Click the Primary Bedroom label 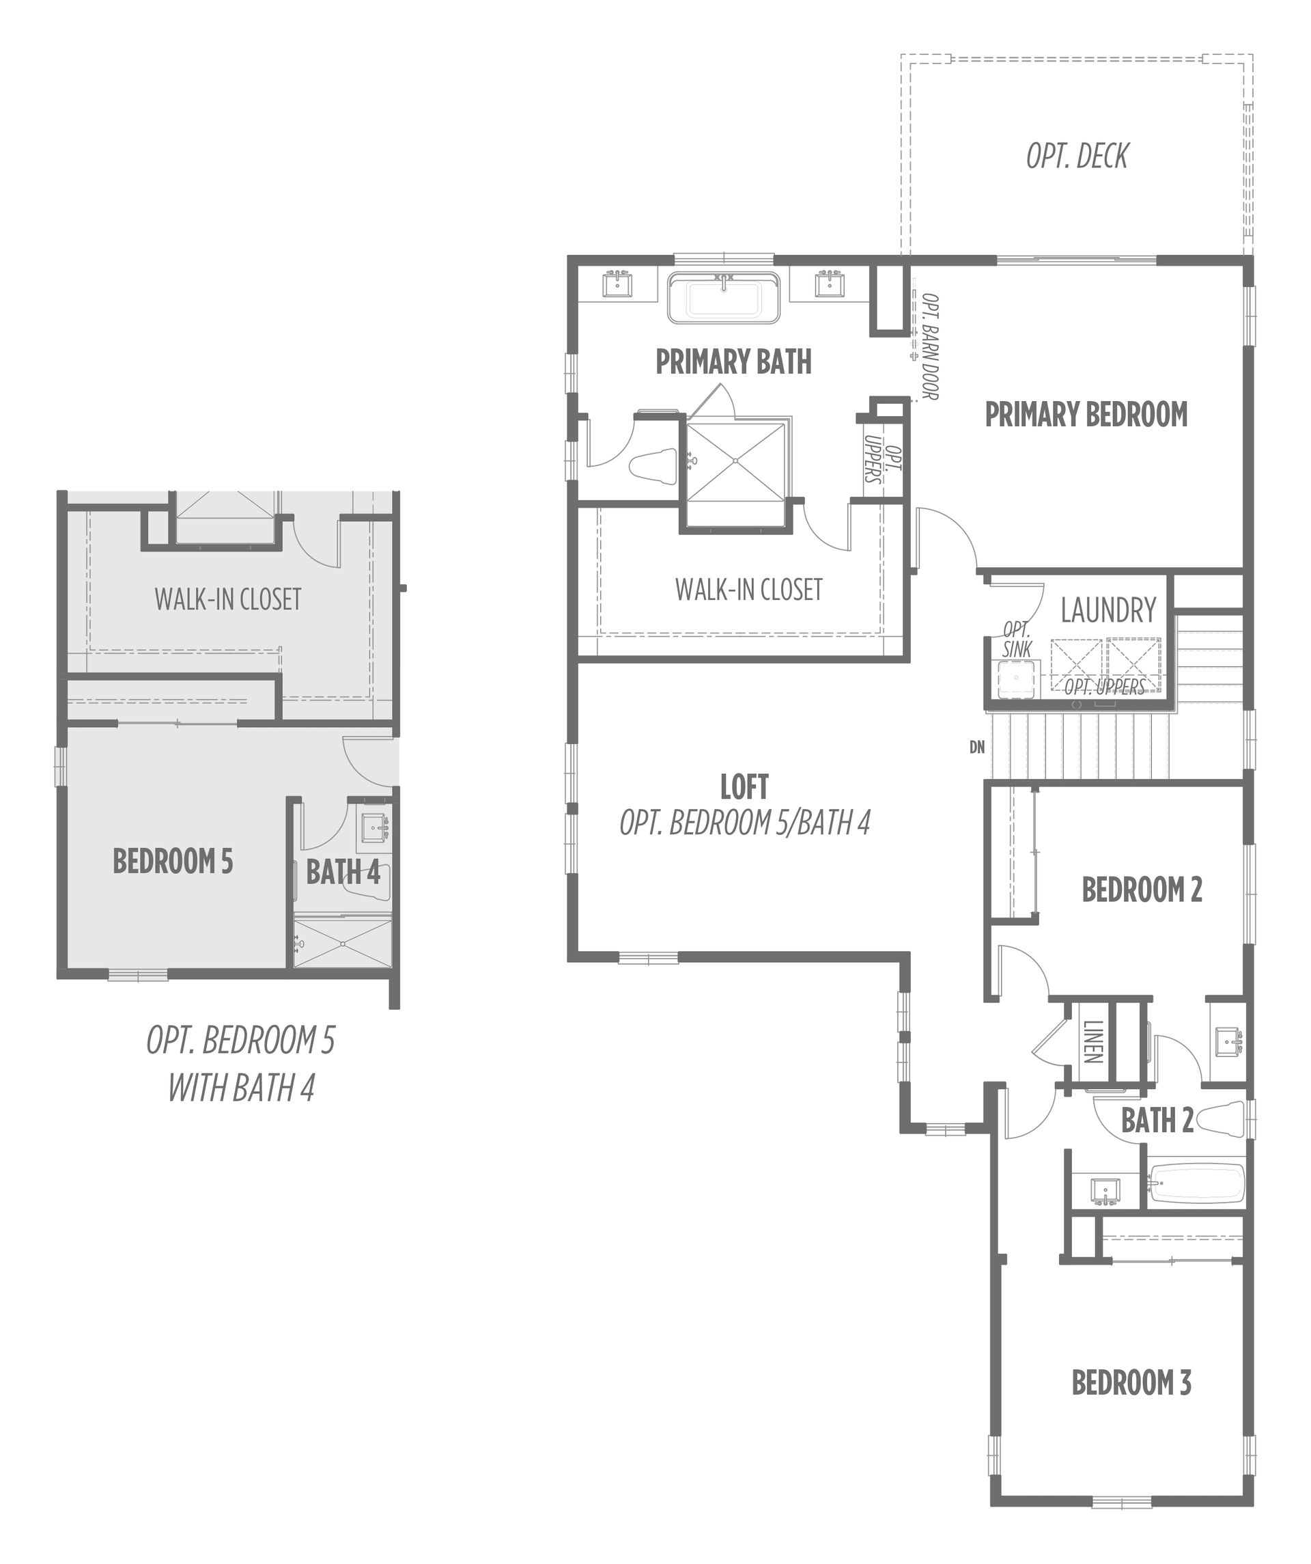coord(1086,414)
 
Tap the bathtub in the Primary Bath coord(724,298)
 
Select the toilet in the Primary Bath coord(653,466)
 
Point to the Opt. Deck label coord(1077,156)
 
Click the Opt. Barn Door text coord(930,346)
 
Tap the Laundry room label coord(1108,610)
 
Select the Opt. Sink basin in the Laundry coord(1015,679)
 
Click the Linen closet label coord(1093,1042)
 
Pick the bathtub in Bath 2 coord(1196,1185)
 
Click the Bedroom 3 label coord(1131,1383)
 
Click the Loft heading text coord(744,786)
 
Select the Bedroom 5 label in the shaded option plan coord(173,861)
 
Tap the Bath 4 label coord(343,871)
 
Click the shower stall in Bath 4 coord(343,944)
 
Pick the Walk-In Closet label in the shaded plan coord(228,599)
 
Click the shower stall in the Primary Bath coord(735,461)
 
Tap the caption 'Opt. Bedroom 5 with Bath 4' coord(240,1065)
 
